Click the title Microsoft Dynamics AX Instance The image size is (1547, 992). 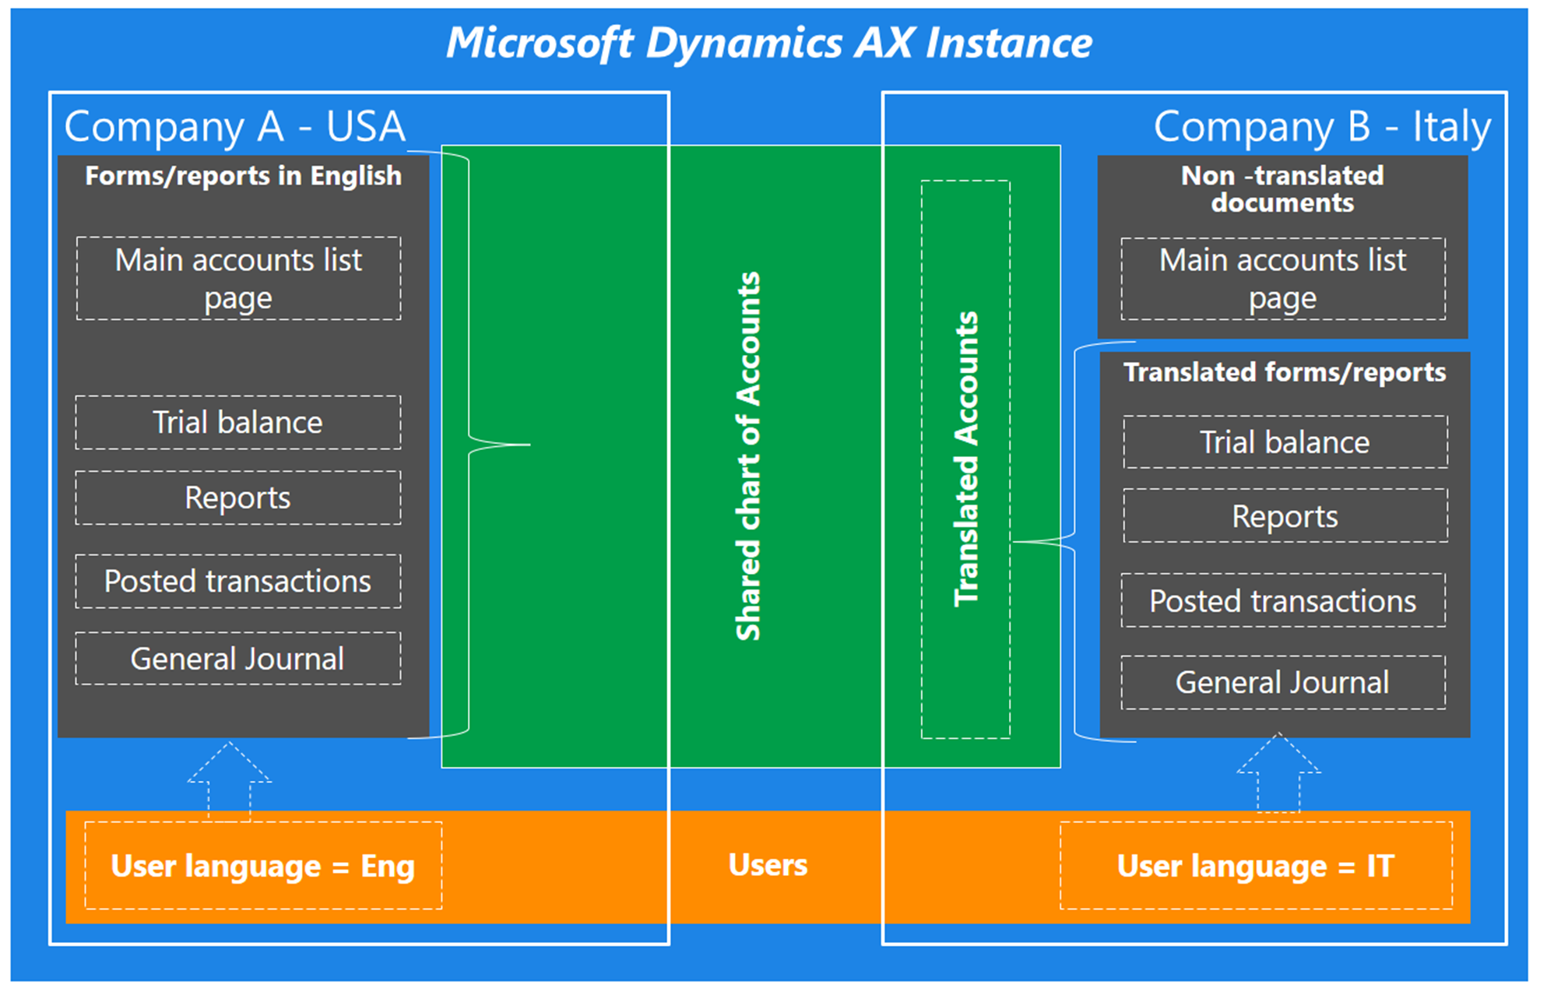(768, 43)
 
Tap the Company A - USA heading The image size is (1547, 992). (234, 126)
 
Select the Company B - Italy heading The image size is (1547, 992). (1321, 126)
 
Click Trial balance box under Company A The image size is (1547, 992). (238, 423)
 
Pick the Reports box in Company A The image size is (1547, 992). (238, 498)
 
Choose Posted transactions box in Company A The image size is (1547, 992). (238, 582)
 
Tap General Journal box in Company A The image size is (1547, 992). (238, 660)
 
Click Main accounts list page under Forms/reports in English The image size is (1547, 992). (238, 279)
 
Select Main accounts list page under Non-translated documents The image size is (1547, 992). (1283, 279)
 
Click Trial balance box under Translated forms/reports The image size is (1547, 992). (1285, 442)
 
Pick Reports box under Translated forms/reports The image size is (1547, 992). (1285, 516)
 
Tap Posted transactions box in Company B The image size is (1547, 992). (1283, 601)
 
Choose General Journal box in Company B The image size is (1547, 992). (1283, 683)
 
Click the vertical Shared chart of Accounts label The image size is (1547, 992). (748, 456)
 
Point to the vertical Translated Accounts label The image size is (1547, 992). (966, 459)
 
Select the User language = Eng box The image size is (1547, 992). (263, 866)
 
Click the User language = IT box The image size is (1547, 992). (1256, 866)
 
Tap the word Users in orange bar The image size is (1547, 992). (768, 865)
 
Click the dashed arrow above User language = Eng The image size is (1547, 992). (230, 779)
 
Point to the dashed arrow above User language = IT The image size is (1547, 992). (1278, 771)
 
